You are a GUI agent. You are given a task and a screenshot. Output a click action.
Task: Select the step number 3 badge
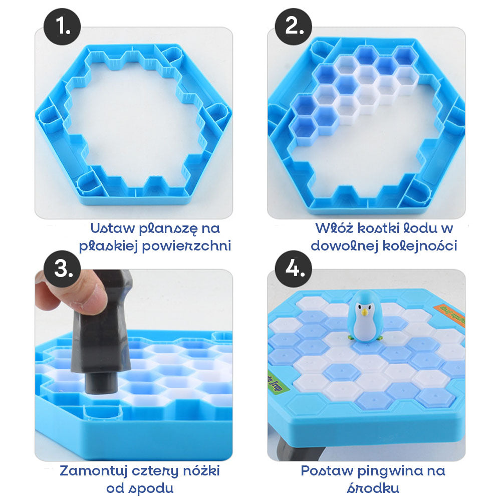point(62,269)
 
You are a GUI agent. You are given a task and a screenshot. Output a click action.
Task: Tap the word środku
point(373,488)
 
